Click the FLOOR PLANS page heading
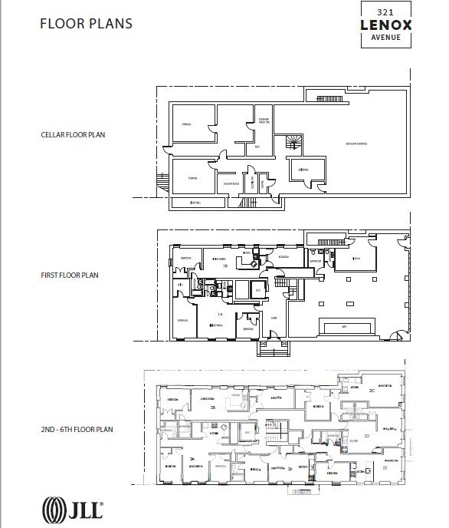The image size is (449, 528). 86,24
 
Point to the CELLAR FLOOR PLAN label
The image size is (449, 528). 73,135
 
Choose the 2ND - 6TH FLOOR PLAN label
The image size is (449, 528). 77,429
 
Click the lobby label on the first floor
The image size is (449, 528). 274,318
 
